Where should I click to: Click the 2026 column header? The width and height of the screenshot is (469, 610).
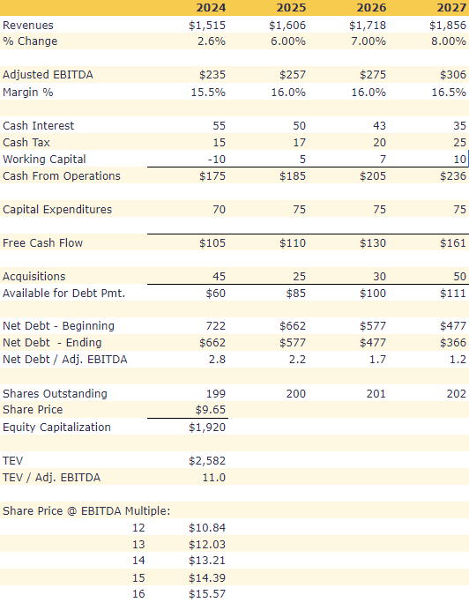[x=371, y=8]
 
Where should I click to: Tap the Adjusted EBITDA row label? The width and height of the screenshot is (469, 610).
[x=48, y=75]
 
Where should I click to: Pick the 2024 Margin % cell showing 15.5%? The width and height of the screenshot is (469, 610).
[x=207, y=92]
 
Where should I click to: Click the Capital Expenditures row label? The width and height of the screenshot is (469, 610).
[x=57, y=210]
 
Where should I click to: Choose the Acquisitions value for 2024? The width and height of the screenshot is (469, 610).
[x=216, y=277]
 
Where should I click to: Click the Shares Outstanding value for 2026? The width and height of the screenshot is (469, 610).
[x=375, y=393]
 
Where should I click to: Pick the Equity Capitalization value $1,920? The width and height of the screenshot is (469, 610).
[x=207, y=428]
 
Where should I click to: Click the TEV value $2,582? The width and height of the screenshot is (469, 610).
[x=207, y=461]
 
